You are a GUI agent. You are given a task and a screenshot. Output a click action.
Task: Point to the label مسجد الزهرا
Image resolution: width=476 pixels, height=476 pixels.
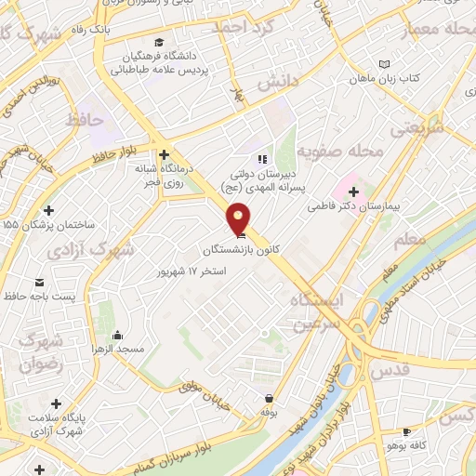(117, 348)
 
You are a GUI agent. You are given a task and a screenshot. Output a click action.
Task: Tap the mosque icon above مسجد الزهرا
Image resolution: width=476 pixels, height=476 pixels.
(117, 335)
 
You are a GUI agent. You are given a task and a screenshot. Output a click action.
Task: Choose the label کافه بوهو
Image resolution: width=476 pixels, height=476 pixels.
(405, 445)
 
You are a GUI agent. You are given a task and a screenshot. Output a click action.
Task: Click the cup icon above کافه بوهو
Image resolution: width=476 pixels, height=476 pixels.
(405, 432)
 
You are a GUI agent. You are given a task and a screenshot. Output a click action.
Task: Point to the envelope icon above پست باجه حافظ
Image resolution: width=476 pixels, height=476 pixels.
(38, 283)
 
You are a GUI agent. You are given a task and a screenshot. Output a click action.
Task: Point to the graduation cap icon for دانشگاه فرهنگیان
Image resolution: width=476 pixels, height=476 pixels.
(161, 42)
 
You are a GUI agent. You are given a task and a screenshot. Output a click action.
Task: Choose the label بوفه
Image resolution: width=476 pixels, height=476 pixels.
(269, 411)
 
